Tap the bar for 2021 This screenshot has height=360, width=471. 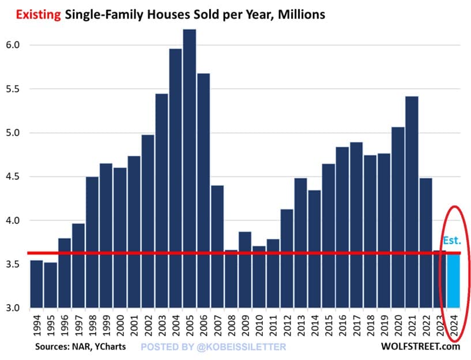tap(412, 202)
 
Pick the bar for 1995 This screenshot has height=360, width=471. tap(51, 285)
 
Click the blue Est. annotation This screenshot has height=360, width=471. tap(452, 241)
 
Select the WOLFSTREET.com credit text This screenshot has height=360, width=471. tap(420, 347)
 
